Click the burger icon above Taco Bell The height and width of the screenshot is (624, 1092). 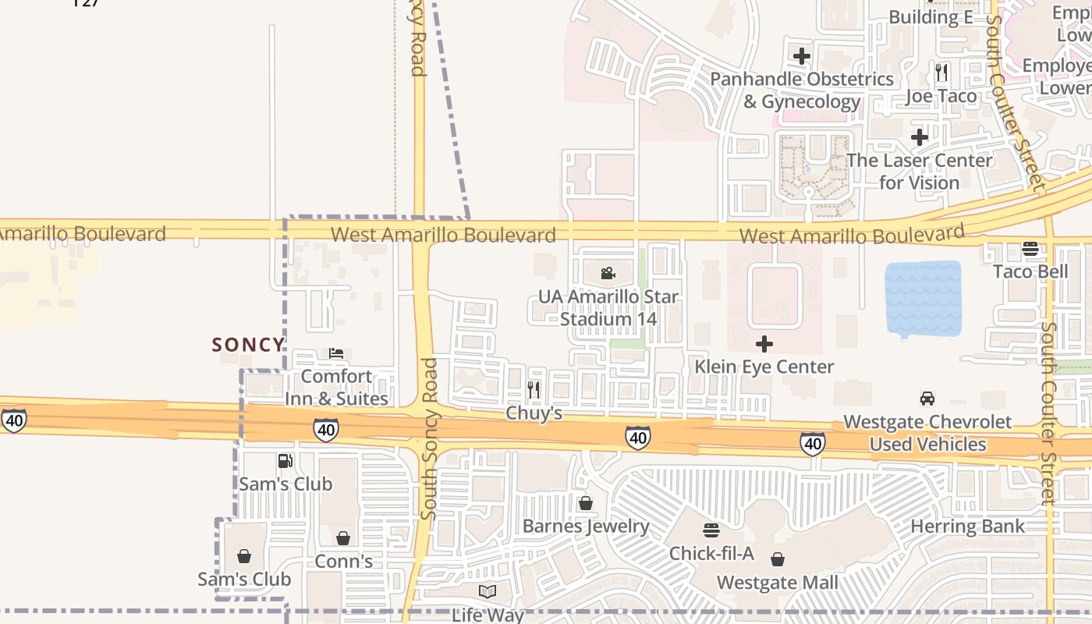(x=1030, y=249)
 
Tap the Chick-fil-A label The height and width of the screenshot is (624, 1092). (x=711, y=553)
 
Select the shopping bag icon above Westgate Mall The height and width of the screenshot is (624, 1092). (x=778, y=559)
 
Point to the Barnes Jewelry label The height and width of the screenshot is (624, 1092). (x=586, y=526)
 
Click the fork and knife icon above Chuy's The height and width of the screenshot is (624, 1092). (x=534, y=389)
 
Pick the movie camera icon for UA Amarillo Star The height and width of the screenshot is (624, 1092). (x=608, y=273)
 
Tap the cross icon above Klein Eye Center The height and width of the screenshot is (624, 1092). (x=764, y=343)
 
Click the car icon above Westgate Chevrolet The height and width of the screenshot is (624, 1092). (x=927, y=399)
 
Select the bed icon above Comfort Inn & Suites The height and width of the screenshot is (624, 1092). (x=336, y=353)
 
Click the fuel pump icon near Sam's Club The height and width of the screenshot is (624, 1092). (x=285, y=461)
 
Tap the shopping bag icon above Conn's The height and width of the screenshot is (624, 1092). (x=343, y=538)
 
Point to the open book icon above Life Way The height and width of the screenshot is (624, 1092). (x=487, y=591)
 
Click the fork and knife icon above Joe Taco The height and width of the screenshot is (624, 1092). (x=941, y=73)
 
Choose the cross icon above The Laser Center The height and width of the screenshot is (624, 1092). (x=920, y=137)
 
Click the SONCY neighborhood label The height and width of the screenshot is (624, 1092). (x=248, y=345)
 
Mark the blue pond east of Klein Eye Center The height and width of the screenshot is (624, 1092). (x=924, y=299)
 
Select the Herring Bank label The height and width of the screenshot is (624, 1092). (x=967, y=526)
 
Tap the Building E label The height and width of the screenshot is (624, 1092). (x=930, y=17)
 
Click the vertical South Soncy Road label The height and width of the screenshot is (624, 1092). (x=429, y=438)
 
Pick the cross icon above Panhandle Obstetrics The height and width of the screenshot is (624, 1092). (x=801, y=56)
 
